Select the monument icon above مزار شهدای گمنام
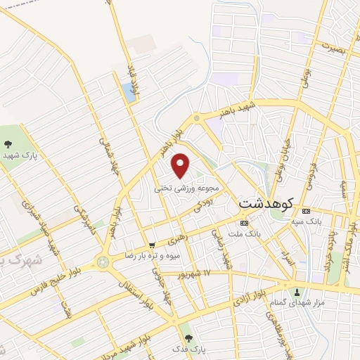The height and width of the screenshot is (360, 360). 297,292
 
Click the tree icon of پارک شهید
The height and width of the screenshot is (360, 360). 7,143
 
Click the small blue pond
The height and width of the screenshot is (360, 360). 128,89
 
